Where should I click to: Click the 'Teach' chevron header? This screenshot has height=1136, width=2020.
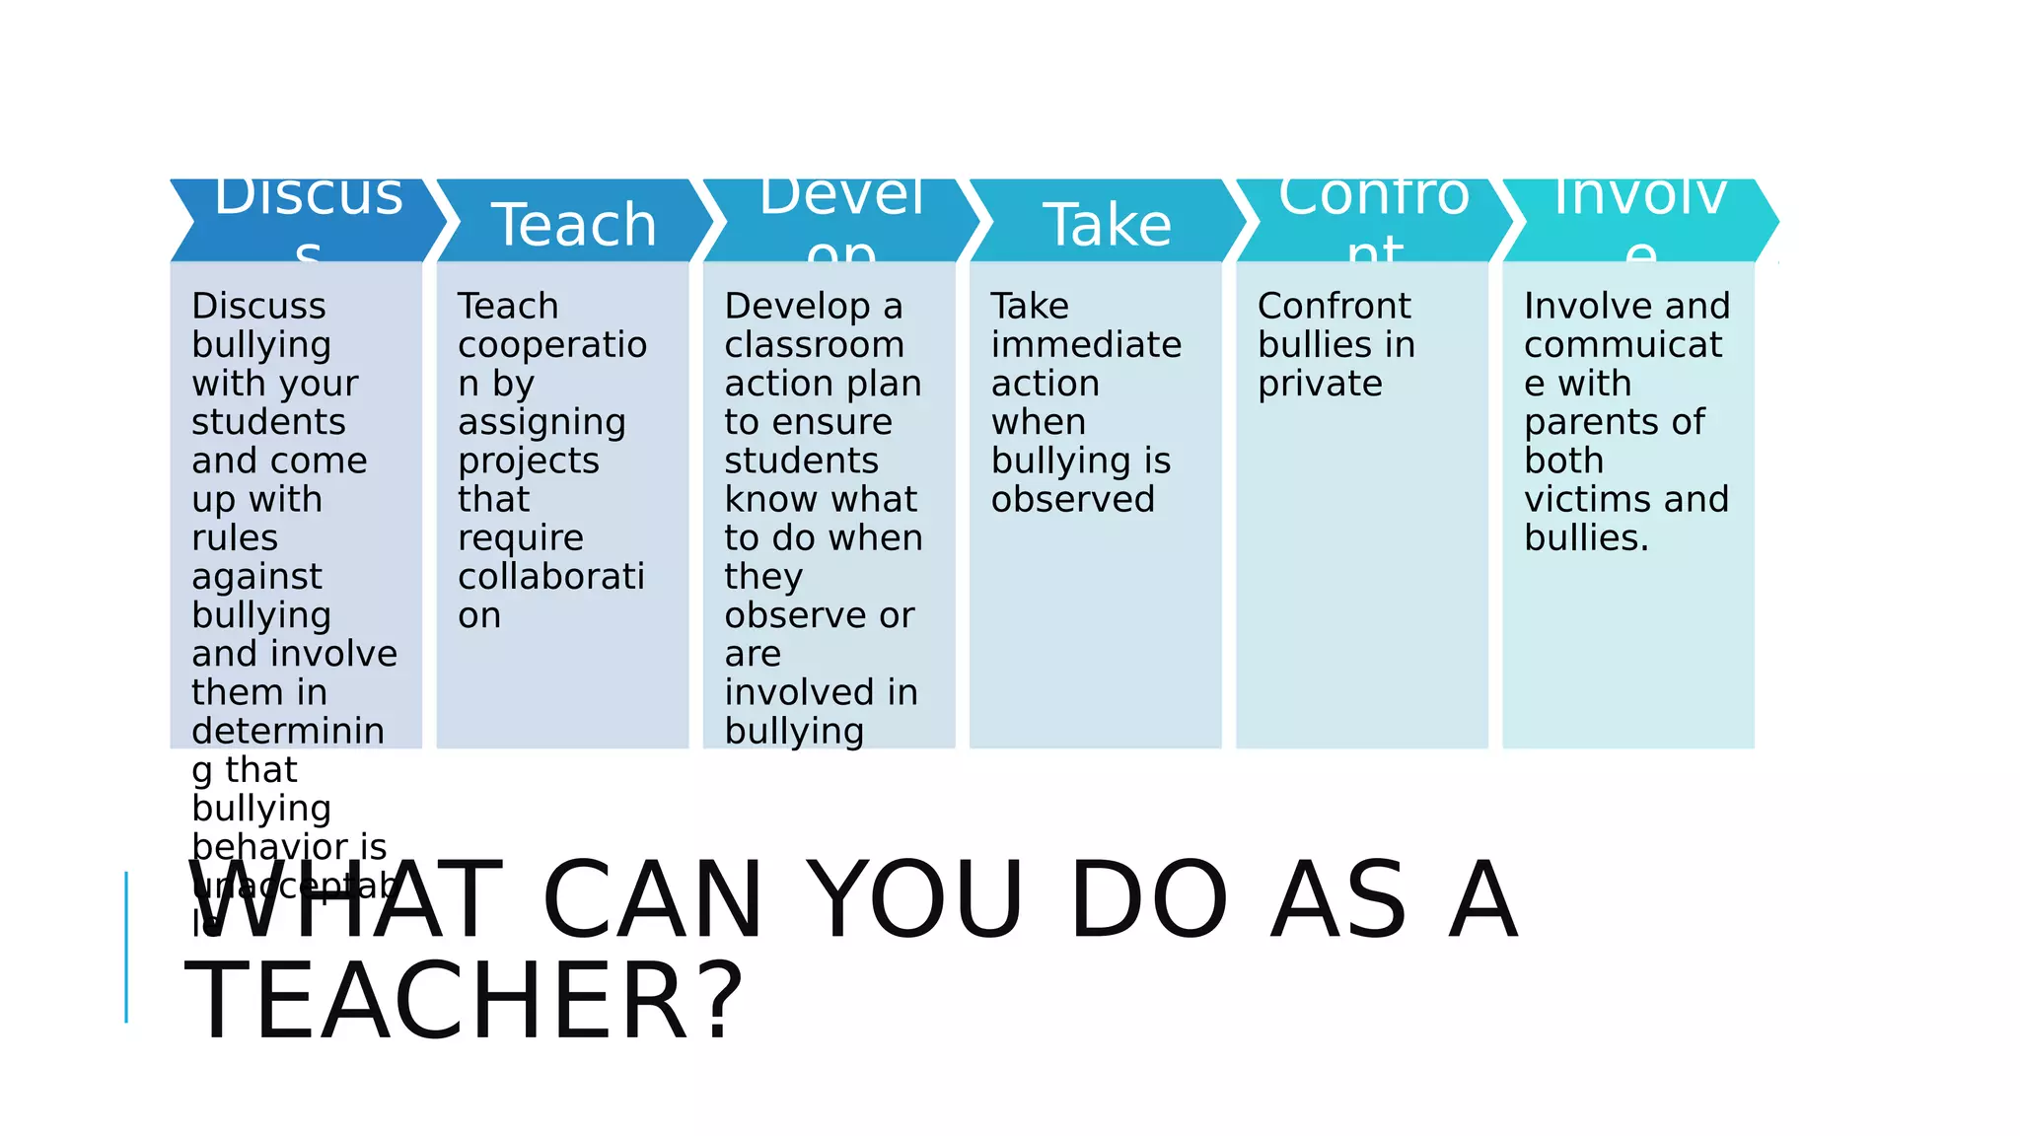click(x=574, y=224)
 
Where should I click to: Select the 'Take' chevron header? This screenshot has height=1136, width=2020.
click(x=1107, y=224)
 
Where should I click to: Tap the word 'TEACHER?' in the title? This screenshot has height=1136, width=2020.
click(x=464, y=1002)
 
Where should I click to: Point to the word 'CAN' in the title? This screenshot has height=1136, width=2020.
click(x=653, y=899)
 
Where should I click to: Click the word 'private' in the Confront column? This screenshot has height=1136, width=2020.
click(x=1320, y=385)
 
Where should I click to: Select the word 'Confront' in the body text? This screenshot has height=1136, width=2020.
click(x=1334, y=306)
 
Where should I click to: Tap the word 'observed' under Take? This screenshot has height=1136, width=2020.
click(x=1072, y=499)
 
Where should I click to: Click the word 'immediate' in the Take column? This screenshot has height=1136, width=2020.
click(x=1086, y=345)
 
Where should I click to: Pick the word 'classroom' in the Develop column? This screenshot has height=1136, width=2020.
click(x=814, y=345)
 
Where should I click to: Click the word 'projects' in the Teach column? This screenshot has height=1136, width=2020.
click(x=529, y=461)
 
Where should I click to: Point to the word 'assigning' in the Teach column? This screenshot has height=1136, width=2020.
click(x=541, y=423)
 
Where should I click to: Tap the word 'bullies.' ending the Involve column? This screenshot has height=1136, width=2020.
click(x=1586, y=538)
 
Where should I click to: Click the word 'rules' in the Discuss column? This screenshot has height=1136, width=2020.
click(x=235, y=538)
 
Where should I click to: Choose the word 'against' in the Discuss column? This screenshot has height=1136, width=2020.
click(x=256, y=577)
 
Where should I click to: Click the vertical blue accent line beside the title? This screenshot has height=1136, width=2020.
click(x=126, y=947)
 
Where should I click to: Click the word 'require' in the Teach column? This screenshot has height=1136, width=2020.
click(x=521, y=538)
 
